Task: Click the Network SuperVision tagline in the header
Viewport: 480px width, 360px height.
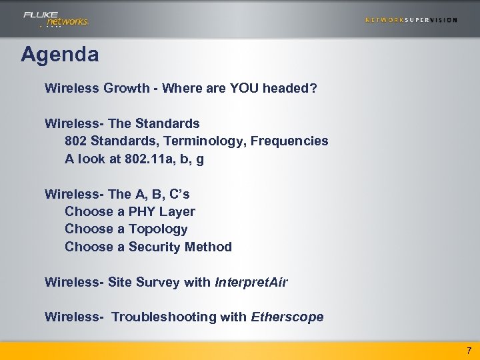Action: click(x=411, y=20)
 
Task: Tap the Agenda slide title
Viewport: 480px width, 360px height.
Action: click(x=59, y=54)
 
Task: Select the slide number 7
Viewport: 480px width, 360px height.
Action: click(x=469, y=350)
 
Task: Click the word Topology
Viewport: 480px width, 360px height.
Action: click(x=158, y=229)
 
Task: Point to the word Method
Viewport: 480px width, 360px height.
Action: click(x=209, y=247)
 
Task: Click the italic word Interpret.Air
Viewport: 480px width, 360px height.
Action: click(x=251, y=282)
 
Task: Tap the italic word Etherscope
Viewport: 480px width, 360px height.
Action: click(x=287, y=317)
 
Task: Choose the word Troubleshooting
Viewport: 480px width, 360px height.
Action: click(x=167, y=317)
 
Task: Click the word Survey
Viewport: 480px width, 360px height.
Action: click(x=158, y=282)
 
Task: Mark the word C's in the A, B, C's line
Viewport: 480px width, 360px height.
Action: click(x=177, y=194)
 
